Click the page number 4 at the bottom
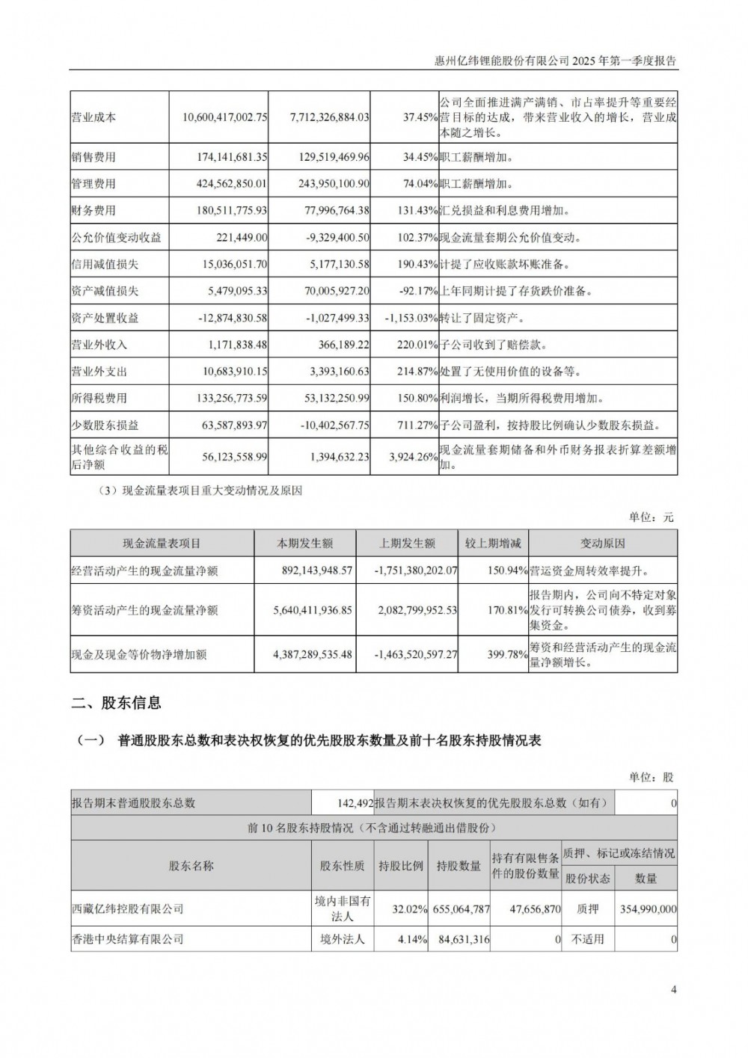tap(674, 991)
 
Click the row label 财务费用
tap(93, 211)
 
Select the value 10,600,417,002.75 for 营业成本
tap(224, 117)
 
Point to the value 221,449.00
tap(244, 238)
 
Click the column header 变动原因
tap(602, 544)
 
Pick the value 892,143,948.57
tap(304, 570)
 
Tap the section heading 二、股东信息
tap(116, 703)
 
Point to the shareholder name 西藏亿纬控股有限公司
tap(127, 908)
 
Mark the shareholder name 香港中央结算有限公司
tap(127, 938)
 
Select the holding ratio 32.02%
tap(408, 909)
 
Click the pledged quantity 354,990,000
tap(648, 909)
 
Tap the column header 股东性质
tap(342, 866)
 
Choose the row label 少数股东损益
tap(105, 425)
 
